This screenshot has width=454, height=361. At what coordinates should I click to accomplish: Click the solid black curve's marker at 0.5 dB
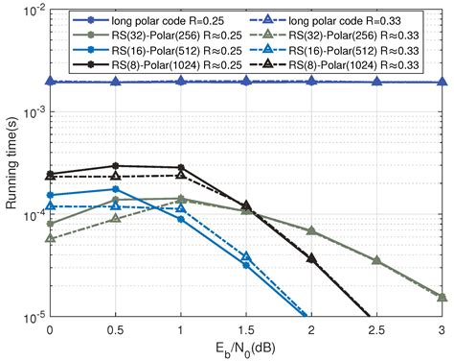pos(115,166)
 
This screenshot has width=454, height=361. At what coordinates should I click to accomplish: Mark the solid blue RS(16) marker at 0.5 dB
pos(115,189)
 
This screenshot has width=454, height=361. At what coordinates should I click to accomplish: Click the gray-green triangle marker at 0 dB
pos(50,238)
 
